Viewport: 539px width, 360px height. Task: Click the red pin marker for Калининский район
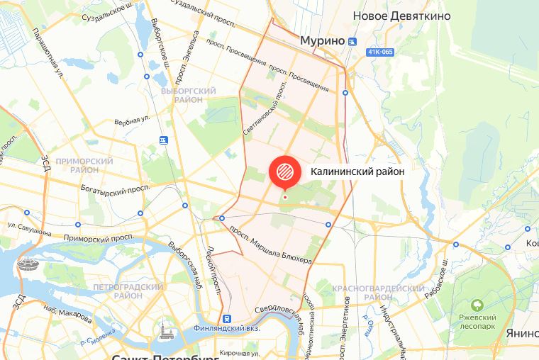[x=284, y=171]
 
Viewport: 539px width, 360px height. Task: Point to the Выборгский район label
[x=187, y=96]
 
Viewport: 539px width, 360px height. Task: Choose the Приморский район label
[x=89, y=165]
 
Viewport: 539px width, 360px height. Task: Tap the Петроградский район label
[x=128, y=291]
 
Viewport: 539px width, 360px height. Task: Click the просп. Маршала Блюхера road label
[x=270, y=244]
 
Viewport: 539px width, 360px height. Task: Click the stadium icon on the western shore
[x=30, y=267]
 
